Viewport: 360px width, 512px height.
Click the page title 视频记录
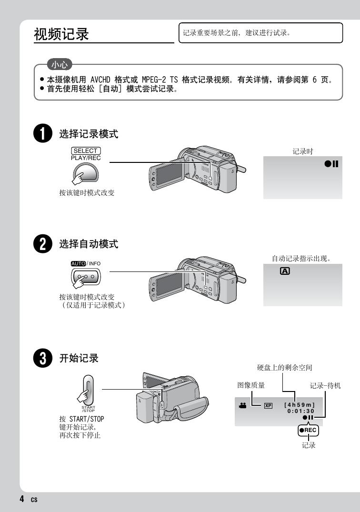(x=61, y=34)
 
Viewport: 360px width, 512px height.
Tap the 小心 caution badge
(x=60, y=64)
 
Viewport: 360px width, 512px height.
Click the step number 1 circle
(x=43, y=133)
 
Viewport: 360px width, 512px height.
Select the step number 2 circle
(x=43, y=243)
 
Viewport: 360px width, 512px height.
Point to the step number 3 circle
(x=43, y=358)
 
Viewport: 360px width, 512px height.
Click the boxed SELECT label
(x=86, y=151)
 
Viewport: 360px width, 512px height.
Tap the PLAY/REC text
(x=86, y=158)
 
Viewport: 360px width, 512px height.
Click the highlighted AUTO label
(x=78, y=263)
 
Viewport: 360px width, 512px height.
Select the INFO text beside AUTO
(x=95, y=263)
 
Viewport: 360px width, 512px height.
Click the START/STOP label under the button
(x=88, y=409)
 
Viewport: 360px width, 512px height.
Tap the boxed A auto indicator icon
(x=285, y=271)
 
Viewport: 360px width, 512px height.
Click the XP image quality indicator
(x=268, y=405)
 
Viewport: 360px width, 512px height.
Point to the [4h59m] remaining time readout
(x=300, y=405)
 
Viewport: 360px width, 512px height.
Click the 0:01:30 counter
(x=300, y=411)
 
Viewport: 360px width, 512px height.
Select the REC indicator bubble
(x=308, y=430)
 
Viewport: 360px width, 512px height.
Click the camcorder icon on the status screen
(x=242, y=405)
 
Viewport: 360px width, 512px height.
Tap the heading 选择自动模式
(x=89, y=244)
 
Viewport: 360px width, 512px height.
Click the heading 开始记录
(x=79, y=358)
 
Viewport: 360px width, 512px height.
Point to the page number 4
(x=22, y=499)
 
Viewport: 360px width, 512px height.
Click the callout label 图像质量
(x=251, y=385)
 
